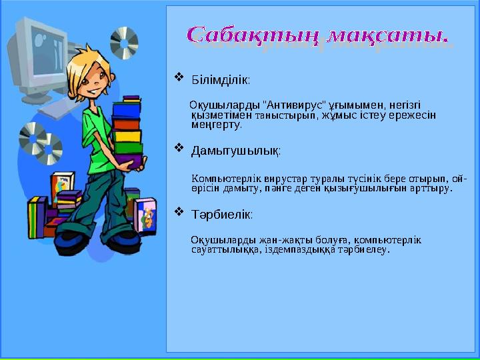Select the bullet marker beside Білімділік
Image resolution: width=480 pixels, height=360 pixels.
178,79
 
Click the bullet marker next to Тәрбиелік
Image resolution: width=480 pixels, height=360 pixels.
178,213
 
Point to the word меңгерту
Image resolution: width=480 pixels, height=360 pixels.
217,123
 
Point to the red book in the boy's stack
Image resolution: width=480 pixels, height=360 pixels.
127,125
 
